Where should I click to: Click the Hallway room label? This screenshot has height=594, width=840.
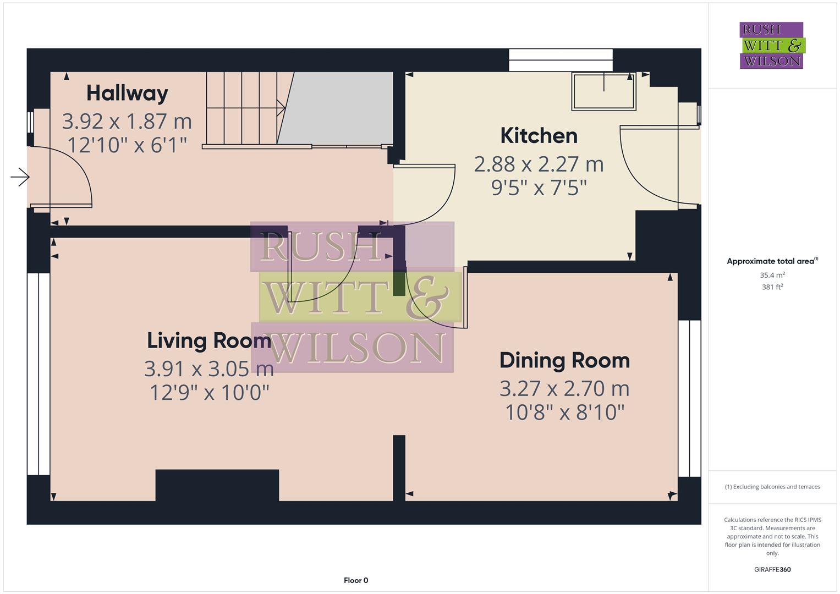click(127, 93)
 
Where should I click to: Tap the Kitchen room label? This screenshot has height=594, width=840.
click(539, 136)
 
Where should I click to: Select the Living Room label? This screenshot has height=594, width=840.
click(208, 340)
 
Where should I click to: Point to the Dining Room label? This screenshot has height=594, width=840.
click(564, 360)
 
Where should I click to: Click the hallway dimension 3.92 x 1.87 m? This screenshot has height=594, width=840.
click(127, 120)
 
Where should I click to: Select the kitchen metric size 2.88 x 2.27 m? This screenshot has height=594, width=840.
click(539, 164)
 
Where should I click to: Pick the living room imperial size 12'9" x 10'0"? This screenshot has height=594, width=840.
click(209, 393)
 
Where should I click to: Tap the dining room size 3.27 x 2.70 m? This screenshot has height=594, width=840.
click(564, 388)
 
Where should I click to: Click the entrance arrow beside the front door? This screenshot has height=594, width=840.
click(20, 177)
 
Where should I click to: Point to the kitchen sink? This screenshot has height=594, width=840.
click(604, 91)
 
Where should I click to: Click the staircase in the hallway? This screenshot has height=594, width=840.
click(242, 108)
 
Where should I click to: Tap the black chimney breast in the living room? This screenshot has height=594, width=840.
click(217, 485)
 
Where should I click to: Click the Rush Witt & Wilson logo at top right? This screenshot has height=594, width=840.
click(771, 45)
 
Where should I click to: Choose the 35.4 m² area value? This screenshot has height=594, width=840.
click(772, 275)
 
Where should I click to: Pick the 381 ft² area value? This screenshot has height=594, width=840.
click(772, 287)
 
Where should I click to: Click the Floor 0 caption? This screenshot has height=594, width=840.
click(356, 580)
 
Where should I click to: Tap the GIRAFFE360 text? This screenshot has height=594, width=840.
click(772, 569)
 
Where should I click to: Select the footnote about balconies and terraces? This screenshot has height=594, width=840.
click(772, 487)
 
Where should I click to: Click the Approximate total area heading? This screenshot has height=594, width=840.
click(772, 261)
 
